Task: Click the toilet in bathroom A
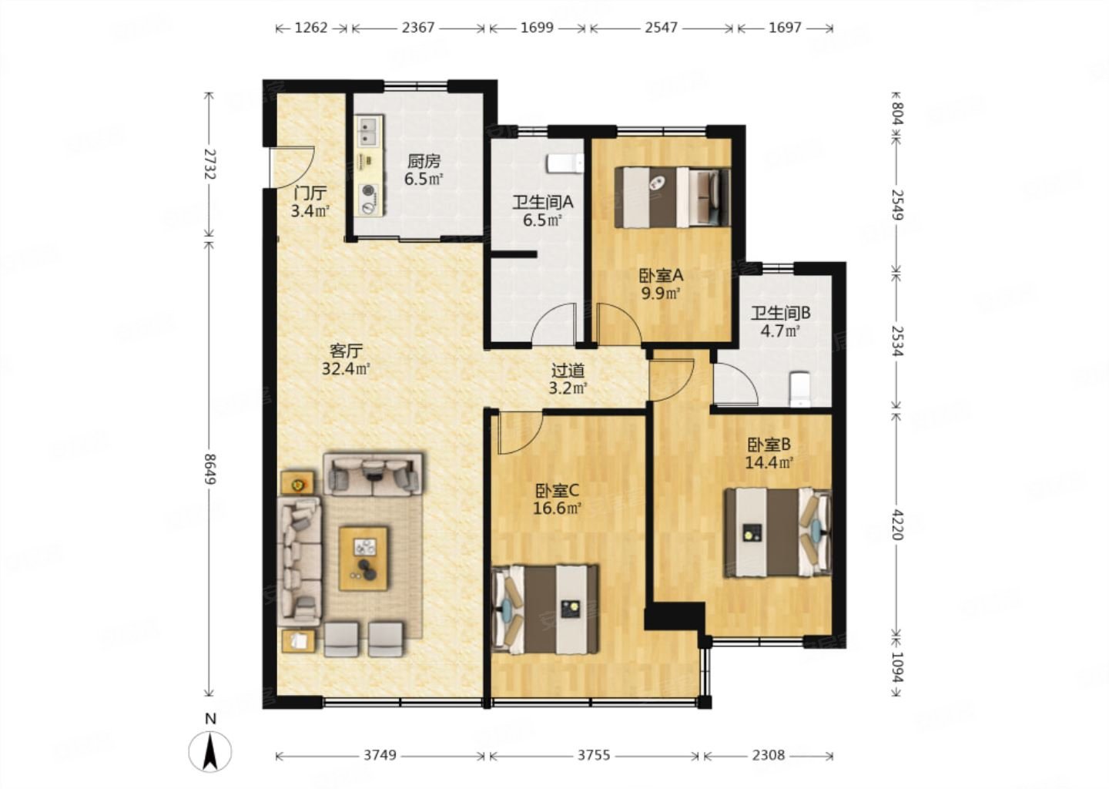pos(565,163)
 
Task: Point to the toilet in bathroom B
pos(799,389)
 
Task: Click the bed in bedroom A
pos(672,197)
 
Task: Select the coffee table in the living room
pos(363,559)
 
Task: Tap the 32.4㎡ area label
pos(346,369)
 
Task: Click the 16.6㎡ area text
pos(557,509)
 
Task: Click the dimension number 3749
pos(380,755)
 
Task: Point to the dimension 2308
pos(769,755)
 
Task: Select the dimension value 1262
pos(311,28)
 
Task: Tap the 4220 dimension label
pos(898,523)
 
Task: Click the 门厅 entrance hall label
pos(310,193)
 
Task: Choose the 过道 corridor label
pos(568,370)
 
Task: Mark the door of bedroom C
pos(520,433)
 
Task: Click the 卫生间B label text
pos(781,313)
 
